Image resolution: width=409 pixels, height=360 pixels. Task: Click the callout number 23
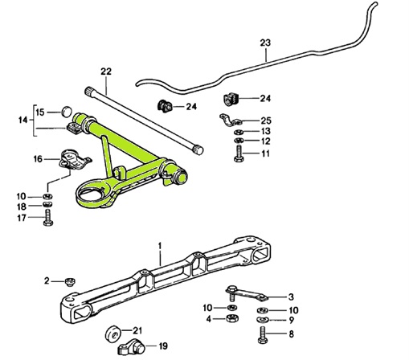click(x=265, y=44)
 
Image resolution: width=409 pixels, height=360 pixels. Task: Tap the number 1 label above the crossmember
click(x=159, y=243)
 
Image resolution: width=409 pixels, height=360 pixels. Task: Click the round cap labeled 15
click(x=67, y=111)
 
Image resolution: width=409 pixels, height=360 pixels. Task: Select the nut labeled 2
click(x=70, y=281)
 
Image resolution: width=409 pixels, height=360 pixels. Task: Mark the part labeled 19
click(x=132, y=348)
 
